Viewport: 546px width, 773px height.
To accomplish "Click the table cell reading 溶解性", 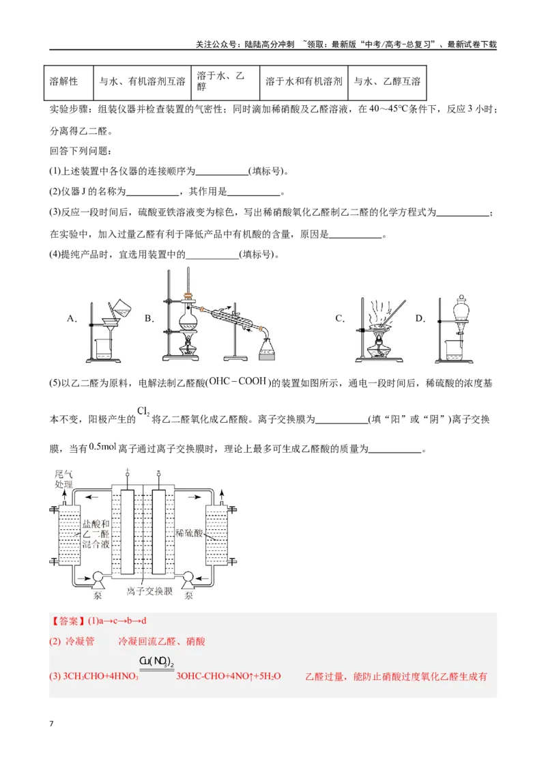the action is (x=68, y=83).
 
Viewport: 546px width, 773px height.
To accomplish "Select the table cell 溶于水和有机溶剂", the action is (x=304, y=83).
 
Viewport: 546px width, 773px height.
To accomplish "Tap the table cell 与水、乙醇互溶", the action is (x=387, y=83).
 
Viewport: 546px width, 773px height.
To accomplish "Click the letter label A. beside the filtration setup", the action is (x=72, y=319).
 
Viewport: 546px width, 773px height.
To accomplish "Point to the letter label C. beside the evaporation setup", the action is (x=340, y=318).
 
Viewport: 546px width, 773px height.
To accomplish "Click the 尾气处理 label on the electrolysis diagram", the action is (x=63, y=479).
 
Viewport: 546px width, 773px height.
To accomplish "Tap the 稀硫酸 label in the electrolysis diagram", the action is (x=189, y=533).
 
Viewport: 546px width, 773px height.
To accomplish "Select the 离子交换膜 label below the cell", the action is (x=149, y=591).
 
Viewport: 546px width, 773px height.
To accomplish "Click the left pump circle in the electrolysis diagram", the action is (x=98, y=577).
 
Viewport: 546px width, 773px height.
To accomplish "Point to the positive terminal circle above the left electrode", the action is (x=128, y=475).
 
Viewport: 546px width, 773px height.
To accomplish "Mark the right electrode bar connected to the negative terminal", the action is (x=158, y=532).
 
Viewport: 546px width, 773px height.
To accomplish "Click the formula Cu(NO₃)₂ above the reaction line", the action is (x=157, y=662).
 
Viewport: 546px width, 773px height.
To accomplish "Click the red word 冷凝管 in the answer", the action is (x=79, y=641).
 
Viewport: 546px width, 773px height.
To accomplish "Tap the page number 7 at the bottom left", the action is (x=51, y=724).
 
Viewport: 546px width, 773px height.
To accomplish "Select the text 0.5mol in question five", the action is (x=102, y=447).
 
